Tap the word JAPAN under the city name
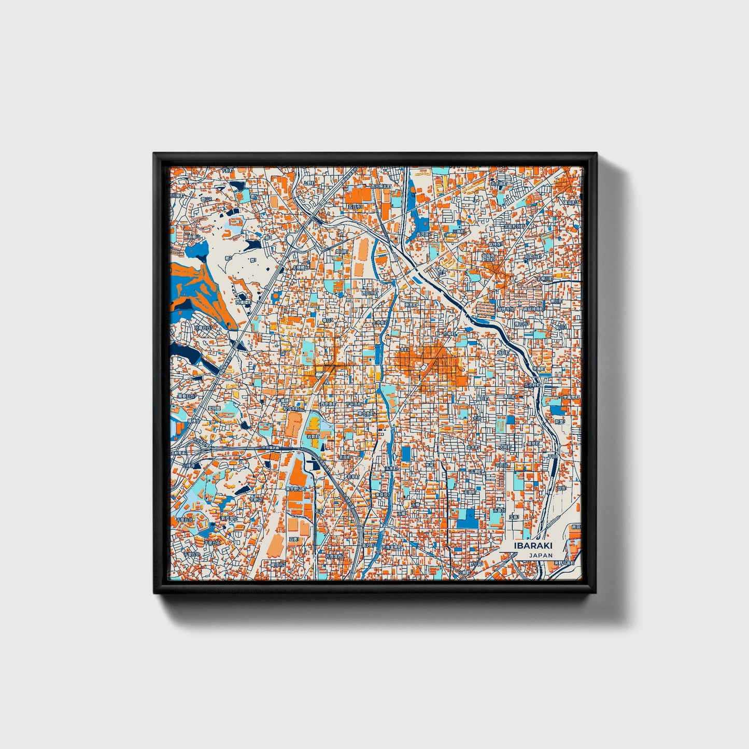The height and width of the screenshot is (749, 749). [x=541, y=555]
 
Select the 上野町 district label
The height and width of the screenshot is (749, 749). [x=309, y=183]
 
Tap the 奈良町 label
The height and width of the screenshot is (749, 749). [x=345, y=458]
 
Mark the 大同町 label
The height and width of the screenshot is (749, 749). [x=504, y=446]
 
